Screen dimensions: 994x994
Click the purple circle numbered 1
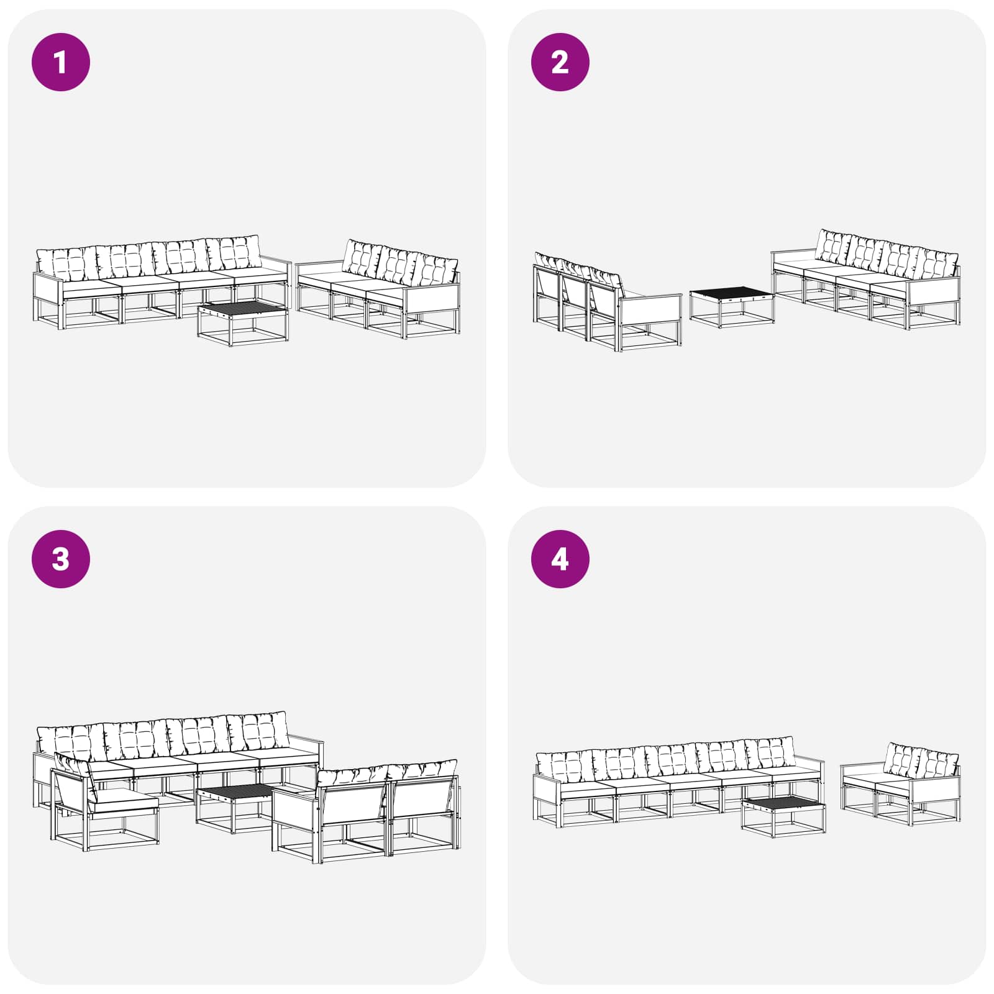[61, 62]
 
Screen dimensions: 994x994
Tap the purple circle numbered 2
[560, 62]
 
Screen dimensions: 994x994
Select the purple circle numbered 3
[61, 559]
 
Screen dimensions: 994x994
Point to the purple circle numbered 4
[560, 559]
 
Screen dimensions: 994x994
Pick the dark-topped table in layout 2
[731, 307]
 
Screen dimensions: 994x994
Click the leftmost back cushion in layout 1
[66, 263]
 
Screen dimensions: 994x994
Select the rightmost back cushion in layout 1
[437, 270]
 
